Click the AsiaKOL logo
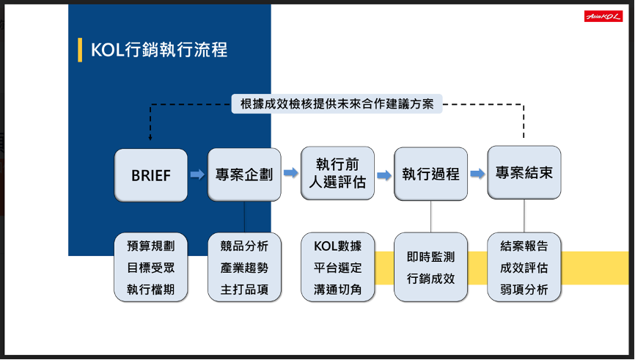tap(603, 16)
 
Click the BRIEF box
tap(150, 175)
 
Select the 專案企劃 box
tap(244, 175)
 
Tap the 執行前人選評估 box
tap(337, 173)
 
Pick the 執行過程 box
tap(430, 174)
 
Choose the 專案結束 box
tap(524, 172)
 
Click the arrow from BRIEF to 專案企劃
tap(197, 175)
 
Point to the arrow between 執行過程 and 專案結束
tap(477, 174)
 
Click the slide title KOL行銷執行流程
tap(159, 50)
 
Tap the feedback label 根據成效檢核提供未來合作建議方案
tap(337, 104)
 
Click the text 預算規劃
tap(150, 246)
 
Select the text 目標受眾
tap(150, 268)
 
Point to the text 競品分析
tap(244, 246)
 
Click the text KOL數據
tap(338, 246)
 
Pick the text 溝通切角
tap(338, 290)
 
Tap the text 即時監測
tap(431, 257)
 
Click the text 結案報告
tap(524, 246)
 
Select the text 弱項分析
tap(524, 290)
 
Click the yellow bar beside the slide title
tap(80, 50)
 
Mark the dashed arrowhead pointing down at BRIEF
tap(150, 138)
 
